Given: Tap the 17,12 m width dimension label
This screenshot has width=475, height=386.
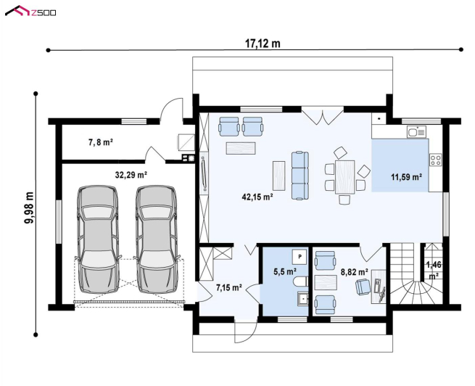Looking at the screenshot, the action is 263,44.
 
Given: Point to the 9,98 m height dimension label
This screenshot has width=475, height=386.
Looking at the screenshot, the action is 30,208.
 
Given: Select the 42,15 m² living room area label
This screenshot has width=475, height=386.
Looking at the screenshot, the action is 257,197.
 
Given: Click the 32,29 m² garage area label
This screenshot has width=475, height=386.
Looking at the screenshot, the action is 131,175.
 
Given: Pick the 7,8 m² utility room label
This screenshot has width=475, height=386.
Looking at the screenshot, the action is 101,141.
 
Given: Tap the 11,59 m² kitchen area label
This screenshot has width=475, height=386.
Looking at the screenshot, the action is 407,177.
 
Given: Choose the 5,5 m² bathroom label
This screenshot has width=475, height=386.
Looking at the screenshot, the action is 285,271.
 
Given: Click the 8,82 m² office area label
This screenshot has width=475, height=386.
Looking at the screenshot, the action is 355,272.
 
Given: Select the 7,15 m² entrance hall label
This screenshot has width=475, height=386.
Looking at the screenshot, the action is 228,287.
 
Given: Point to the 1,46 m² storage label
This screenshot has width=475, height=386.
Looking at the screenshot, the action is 434,271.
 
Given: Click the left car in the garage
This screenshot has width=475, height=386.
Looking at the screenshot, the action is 98,239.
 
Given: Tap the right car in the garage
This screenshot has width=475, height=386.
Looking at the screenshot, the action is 157,239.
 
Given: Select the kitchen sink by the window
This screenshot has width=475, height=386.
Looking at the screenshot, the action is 416,132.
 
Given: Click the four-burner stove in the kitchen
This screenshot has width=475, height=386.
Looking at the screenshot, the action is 435,160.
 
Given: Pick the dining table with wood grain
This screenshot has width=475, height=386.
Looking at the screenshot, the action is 344,177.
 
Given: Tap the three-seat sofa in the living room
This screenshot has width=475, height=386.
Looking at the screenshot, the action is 300,176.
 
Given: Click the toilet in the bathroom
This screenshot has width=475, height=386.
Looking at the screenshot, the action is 300,282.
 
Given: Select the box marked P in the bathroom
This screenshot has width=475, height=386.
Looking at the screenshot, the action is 300,257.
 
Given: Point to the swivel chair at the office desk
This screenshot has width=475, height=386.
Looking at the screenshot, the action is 363,287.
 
